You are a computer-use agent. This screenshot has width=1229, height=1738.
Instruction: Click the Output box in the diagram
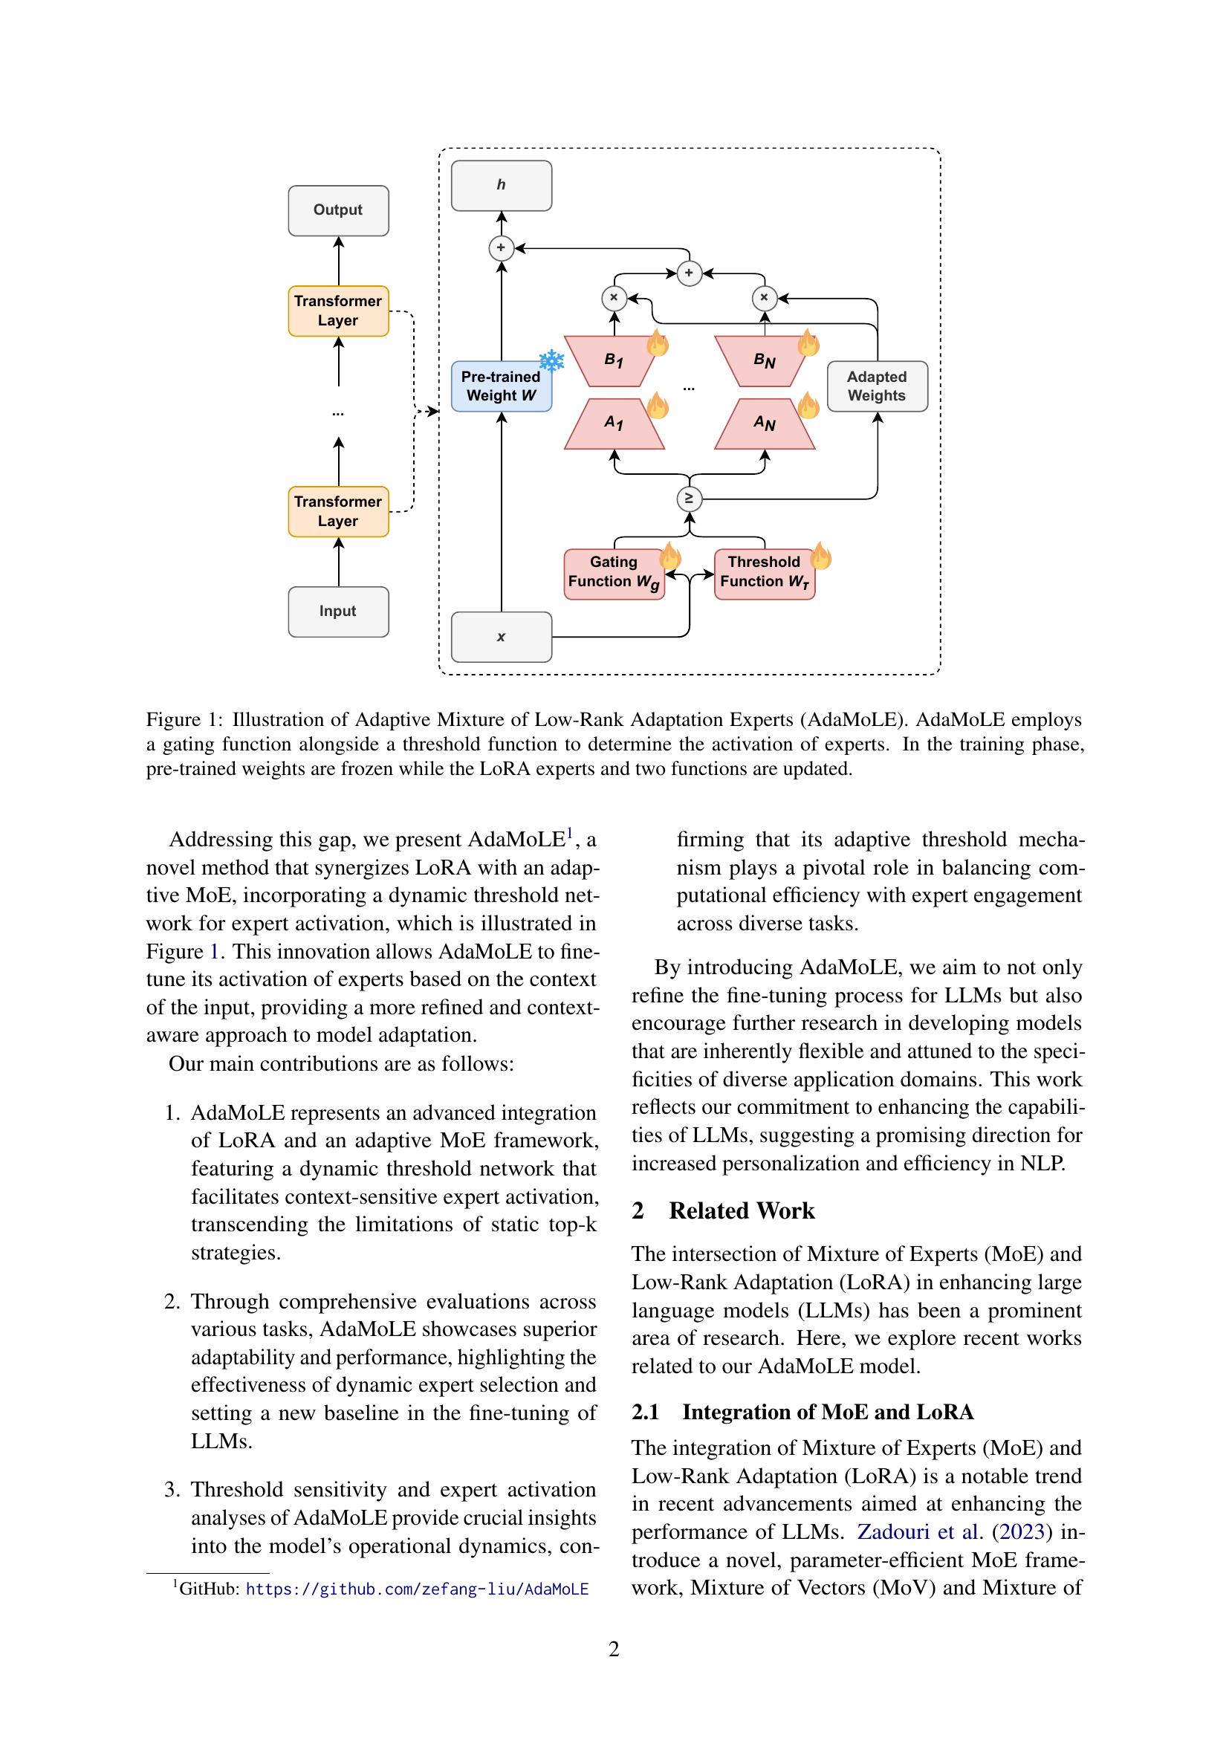(338, 210)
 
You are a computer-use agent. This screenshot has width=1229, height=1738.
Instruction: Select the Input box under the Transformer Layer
(338, 612)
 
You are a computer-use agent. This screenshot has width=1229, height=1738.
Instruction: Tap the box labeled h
(501, 186)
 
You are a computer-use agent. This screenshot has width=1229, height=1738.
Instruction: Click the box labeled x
(501, 637)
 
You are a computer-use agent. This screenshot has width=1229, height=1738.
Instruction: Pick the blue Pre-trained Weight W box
(501, 386)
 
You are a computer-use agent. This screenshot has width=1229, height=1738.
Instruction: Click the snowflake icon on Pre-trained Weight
(551, 361)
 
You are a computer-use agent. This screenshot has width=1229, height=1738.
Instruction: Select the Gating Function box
(614, 573)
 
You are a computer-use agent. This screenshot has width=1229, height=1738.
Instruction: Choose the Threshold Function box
(764, 573)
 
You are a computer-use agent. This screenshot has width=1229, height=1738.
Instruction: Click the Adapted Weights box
(877, 386)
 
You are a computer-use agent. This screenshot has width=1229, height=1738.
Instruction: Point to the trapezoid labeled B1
(614, 360)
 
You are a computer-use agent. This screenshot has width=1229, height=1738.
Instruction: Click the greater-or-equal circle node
(689, 498)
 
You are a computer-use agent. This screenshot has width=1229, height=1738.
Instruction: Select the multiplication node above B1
(614, 297)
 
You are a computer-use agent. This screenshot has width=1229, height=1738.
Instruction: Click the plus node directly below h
(501, 247)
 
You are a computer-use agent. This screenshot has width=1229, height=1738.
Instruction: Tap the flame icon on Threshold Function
(820, 557)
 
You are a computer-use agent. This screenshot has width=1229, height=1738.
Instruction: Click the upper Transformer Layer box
(338, 311)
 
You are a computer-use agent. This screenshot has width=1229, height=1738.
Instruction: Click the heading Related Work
(741, 1210)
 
